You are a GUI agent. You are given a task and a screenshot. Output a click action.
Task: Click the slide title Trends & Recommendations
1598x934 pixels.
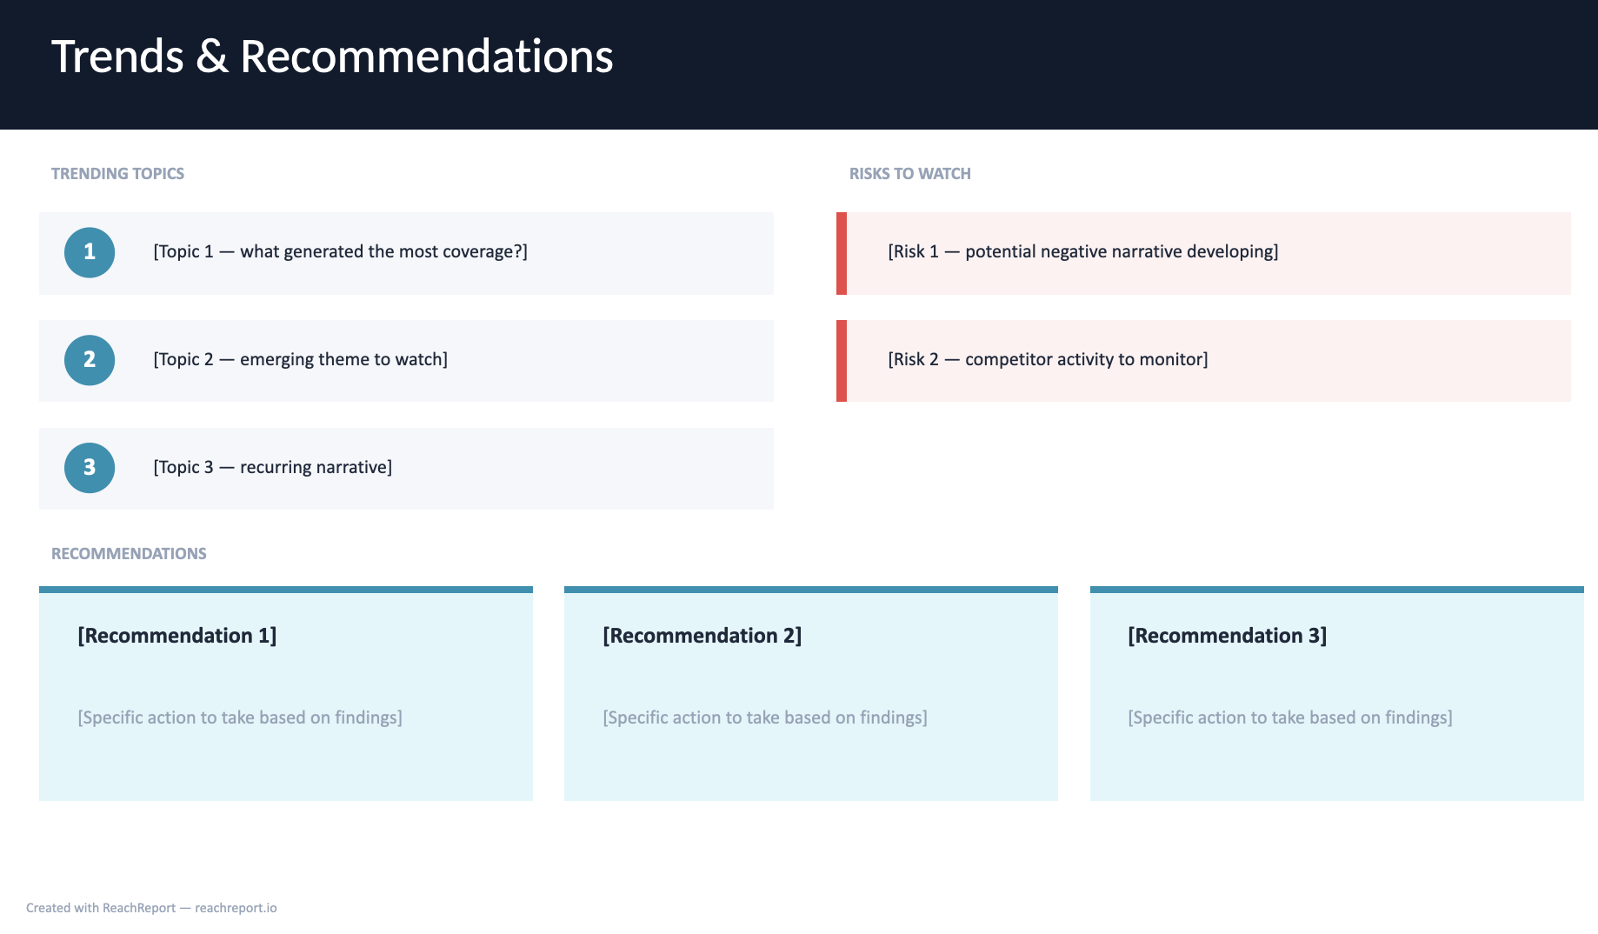pyautogui.click(x=332, y=57)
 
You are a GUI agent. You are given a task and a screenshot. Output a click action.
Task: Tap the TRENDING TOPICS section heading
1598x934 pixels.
pyautogui.click(x=117, y=173)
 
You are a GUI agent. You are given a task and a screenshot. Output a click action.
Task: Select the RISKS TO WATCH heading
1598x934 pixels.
pyautogui.click(x=909, y=173)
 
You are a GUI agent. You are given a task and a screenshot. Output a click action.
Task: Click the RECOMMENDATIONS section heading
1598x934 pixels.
pyautogui.click(x=129, y=553)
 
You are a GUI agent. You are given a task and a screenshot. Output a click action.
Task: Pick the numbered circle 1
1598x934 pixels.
pyautogui.click(x=90, y=252)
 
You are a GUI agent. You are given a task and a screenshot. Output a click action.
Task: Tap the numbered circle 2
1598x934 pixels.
pyautogui.click(x=90, y=360)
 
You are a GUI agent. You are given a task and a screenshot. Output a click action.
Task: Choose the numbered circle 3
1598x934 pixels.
pyautogui.click(x=90, y=468)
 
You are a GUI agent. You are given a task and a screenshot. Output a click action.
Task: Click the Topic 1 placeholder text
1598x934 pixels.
pyautogui.click(x=340, y=251)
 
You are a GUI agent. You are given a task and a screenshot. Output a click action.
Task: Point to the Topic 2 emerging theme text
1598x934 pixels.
pyautogui.click(x=300, y=359)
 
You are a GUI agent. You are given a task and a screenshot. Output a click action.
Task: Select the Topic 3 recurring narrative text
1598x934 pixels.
pyautogui.click(x=272, y=467)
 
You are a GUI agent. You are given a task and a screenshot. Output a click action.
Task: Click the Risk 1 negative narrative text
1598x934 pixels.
pyautogui.click(x=1082, y=251)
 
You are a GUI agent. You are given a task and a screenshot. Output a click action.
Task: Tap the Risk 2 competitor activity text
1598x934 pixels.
pyautogui.click(x=1048, y=359)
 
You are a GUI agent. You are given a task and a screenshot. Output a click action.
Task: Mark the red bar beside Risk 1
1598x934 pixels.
pyautogui.click(x=842, y=253)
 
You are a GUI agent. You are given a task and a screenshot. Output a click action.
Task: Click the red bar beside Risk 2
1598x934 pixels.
pyautogui.click(x=842, y=361)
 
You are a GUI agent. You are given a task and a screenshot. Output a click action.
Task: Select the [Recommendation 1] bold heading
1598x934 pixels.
pyautogui.click(x=177, y=636)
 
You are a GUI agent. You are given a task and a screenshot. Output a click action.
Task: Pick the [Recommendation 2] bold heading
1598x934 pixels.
pyautogui.click(x=702, y=636)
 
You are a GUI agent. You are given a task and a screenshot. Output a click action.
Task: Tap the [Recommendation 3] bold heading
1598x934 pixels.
pyautogui.click(x=1228, y=636)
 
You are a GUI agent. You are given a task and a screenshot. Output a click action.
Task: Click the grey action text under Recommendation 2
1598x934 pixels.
pyautogui.click(x=765, y=717)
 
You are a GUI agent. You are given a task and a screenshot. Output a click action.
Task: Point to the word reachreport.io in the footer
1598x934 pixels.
pyautogui.click(x=236, y=908)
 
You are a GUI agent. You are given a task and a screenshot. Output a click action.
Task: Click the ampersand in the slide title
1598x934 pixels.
pyautogui.click(x=211, y=57)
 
